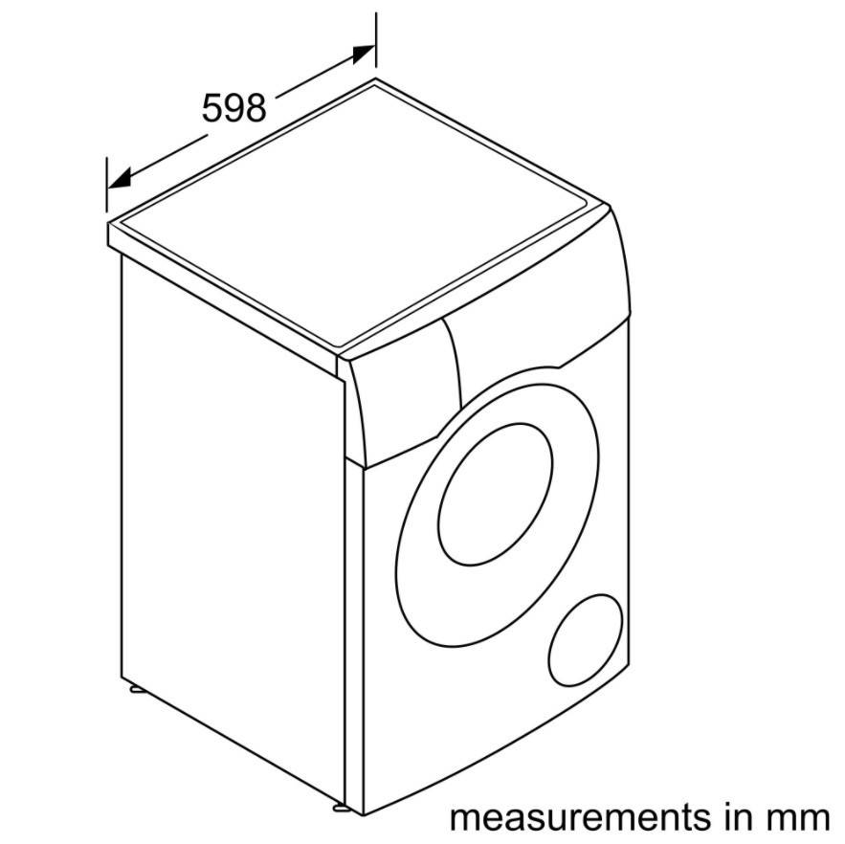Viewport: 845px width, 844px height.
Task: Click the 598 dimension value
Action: pyautogui.click(x=233, y=108)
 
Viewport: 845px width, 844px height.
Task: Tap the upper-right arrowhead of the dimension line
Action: pyautogui.click(x=364, y=54)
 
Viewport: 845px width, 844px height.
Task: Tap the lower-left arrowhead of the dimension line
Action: pyautogui.click(x=119, y=178)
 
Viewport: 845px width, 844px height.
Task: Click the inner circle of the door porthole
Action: pyautogui.click(x=496, y=494)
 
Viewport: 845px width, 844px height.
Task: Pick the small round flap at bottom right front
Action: pyautogui.click(x=586, y=640)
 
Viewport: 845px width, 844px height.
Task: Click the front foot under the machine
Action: pyautogui.click(x=342, y=808)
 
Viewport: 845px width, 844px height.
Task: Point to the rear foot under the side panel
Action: pyautogui.click(x=136, y=689)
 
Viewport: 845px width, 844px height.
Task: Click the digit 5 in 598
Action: pyautogui.click(x=211, y=108)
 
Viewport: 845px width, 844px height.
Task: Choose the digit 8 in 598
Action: pyautogui.click(x=256, y=108)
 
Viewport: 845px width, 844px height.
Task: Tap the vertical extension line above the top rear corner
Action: pyautogui.click(x=376, y=40)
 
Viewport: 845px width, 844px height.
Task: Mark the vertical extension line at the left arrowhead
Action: pyautogui.click(x=107, y=185)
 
